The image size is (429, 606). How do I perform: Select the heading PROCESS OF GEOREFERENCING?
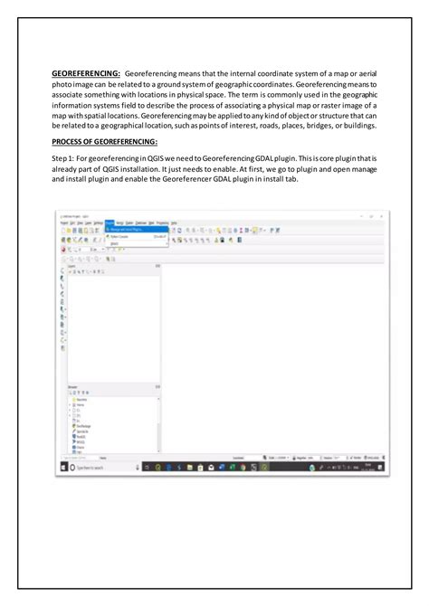click(104, 140)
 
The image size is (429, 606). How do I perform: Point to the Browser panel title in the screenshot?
click(72, 386)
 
